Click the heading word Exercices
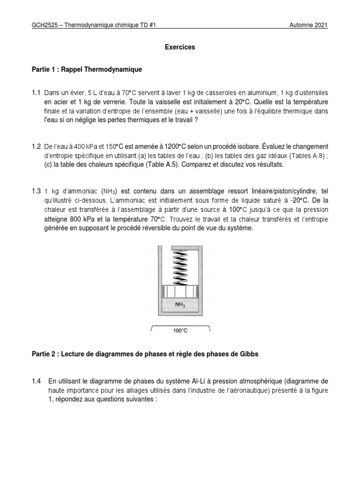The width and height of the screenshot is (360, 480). pyautogui.click(x=180, y=47)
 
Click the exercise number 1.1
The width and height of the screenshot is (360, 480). pyautogui.click(x=37, y=93)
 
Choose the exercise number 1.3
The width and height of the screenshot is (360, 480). pyautogui.click(x=37, y=191)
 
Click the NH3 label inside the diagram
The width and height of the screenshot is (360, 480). pyautogui.click(x=180, y=304)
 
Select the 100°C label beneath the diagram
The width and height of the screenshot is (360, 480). pyautogui.click(x=180, y=330)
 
